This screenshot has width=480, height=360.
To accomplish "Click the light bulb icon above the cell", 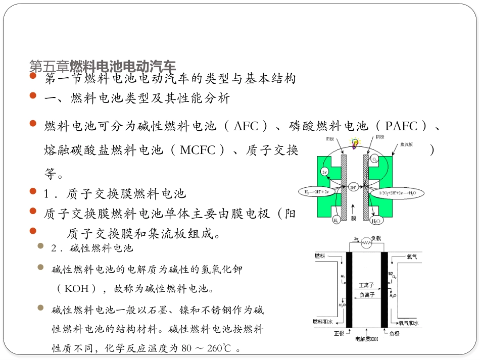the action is coord(356,143).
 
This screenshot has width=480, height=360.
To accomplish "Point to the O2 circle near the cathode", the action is coord(375,160).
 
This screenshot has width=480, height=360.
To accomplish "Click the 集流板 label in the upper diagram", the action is coord(406,144).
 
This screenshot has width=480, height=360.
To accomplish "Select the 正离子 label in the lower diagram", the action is coord(366,285).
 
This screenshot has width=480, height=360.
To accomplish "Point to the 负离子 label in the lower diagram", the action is coord(366,295).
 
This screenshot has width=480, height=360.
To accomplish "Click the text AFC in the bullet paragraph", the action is coord(246,126).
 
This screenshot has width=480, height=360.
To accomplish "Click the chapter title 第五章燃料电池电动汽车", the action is coord(103,66).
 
